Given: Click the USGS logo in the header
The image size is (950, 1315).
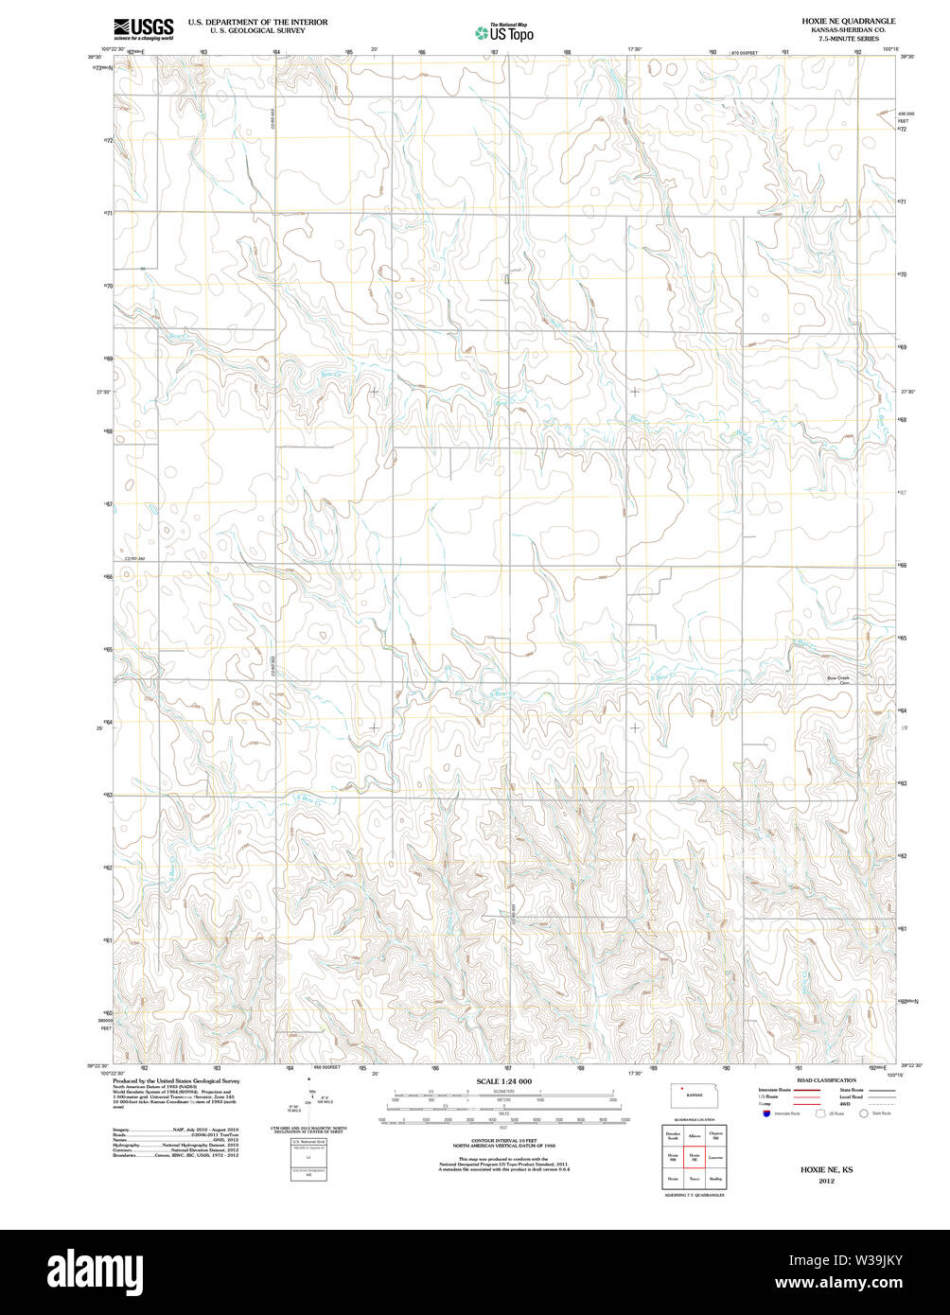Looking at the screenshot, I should tap(143, 28).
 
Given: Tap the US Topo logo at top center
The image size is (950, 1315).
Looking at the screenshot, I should tap(504, 33).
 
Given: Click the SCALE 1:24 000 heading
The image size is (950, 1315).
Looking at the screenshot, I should tap(504, 1081).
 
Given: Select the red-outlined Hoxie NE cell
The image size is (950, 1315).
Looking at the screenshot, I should tap(695, 1156).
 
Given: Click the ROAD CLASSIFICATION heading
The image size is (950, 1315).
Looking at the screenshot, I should tap(826, 1080).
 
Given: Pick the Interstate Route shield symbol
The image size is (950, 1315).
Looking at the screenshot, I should tap(765, 1113).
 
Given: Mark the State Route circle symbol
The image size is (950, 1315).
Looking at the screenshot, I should tap(863, 1113).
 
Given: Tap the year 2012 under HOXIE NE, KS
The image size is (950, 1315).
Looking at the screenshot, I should tap(827, 1181).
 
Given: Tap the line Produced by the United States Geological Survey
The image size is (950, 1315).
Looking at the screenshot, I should tap(176, 1080).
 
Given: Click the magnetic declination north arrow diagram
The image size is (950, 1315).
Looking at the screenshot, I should tap(309, 1097).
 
